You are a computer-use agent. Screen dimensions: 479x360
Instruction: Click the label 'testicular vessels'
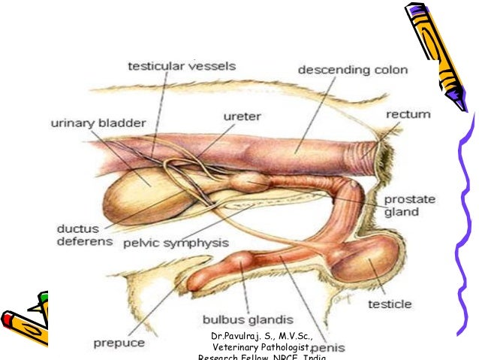[182, 67]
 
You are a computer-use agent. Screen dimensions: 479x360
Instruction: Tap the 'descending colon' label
[353, 71]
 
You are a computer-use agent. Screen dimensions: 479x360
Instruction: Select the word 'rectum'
[408, 115]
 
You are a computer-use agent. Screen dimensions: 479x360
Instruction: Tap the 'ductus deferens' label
[84, 234]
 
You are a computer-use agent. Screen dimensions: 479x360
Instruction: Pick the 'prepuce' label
[120, 343]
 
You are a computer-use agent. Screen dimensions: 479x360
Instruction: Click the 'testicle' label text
[389, 304]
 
